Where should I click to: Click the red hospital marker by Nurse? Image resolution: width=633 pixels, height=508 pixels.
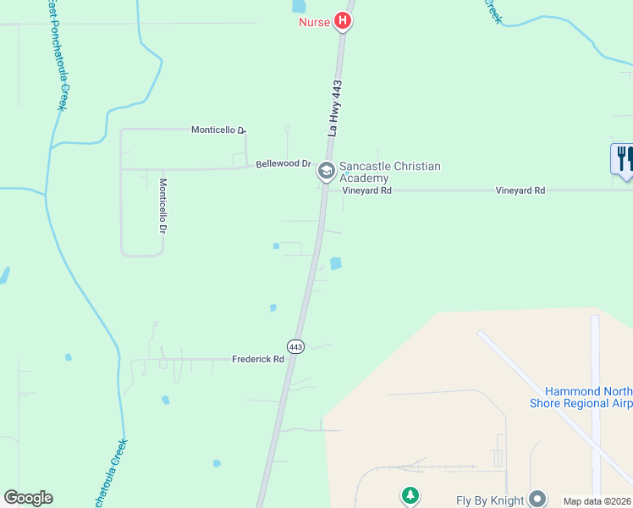[342, 20]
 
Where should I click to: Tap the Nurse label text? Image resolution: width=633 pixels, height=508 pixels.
[314, 21]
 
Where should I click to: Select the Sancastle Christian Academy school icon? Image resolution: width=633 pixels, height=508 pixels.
[326, 172]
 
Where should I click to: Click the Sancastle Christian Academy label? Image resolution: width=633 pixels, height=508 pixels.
[389, 172]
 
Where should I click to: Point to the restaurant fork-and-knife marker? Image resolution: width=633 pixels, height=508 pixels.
[623, 158]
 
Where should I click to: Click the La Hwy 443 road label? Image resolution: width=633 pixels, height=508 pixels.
[337, 108]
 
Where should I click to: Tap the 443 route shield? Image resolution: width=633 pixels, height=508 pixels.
[294, 347]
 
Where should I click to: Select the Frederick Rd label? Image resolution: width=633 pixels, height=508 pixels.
[258, 359]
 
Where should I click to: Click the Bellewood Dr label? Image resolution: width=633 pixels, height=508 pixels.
[283, 163]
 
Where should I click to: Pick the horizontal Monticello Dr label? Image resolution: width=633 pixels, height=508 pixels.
[217, 130]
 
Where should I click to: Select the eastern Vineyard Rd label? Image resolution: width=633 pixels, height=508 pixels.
[520, 190]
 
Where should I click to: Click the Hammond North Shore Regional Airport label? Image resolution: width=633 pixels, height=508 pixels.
[588, 397]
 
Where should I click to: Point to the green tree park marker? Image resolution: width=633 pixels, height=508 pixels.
[410, 494]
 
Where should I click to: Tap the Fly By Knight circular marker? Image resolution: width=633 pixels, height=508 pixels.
[537, 499]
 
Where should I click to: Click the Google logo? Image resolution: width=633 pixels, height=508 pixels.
[28, 498]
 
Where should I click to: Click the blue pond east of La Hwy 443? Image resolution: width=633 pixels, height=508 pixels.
[335, 263]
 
